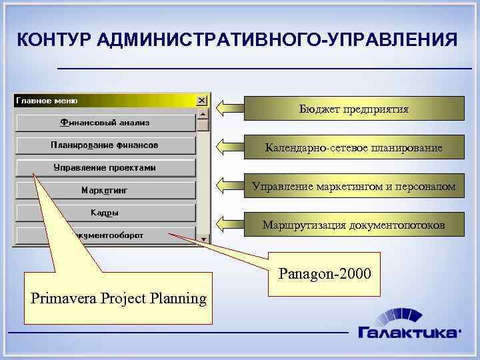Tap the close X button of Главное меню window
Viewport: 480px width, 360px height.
(201, 101)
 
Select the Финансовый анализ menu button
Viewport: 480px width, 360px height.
(105, 122)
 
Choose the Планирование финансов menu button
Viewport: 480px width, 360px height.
(105, 145)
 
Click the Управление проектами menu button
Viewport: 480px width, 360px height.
(105, 167)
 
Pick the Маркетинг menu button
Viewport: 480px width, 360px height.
(105, 190)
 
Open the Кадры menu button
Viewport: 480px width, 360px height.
(105, 213)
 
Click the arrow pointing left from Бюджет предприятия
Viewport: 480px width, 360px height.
(230, 107)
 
